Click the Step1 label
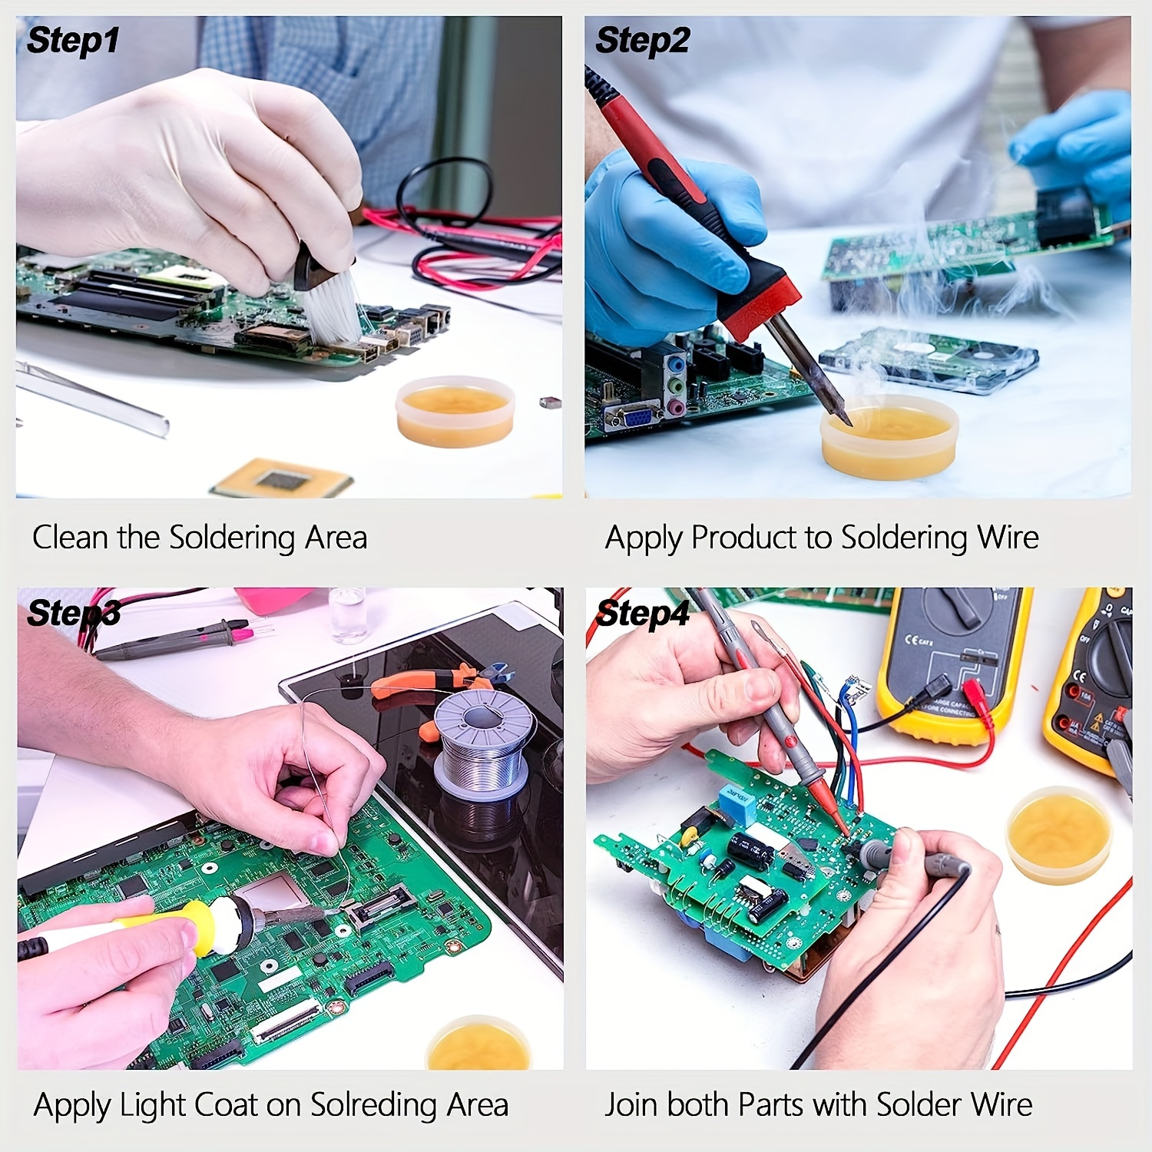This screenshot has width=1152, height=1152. [73, 40]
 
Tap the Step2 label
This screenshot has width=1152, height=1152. [642, 40]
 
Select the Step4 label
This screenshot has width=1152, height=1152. [643, 614]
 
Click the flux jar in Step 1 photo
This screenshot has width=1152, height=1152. [455, 411]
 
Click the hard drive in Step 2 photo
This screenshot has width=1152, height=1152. [929, 358]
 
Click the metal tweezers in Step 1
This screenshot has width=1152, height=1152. [92, 399]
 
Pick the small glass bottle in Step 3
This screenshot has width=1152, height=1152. [347, 614]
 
